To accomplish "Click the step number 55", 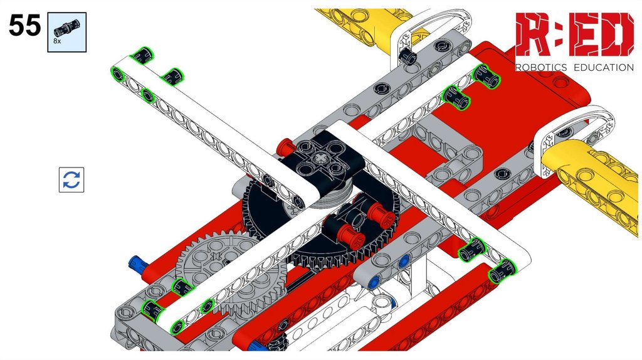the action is tap(24, 25).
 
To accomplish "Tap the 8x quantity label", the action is tap(57, 41).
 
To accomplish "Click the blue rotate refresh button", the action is tap(71, 179).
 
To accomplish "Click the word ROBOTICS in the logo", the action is tap(541, 67).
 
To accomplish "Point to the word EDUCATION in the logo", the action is tap(604, 67).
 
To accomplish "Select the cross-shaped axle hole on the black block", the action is tap(320, 158).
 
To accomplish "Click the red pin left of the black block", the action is tap(285, 147).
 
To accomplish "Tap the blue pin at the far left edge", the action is tap(137, 264).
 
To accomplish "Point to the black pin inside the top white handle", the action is tap(407, 55).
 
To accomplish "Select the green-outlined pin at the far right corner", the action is tap(502, 271).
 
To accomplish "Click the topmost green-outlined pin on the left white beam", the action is tap(141, 55).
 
